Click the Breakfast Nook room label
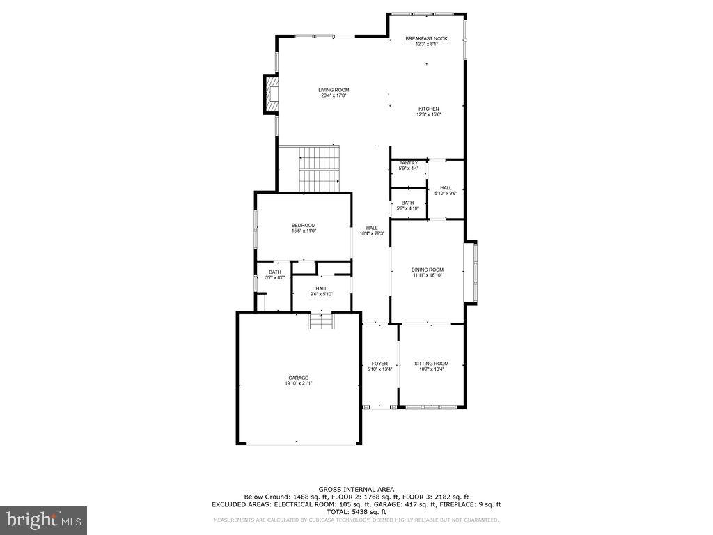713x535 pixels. [x=426, y=39]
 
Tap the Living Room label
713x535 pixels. [x=334, y=90]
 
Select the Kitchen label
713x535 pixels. [x=428, y=109]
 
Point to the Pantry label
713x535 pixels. [x=408, y=163]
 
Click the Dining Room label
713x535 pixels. [x=427, y=270]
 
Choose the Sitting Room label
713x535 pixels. [x=431, y=363]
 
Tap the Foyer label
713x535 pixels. [x=379, y=363]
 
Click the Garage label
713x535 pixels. [x=298, y=378]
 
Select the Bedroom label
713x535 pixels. [x=304, y=225]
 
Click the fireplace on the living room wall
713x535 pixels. [x=270, y=94]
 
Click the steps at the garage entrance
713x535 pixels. [x=321, y=323]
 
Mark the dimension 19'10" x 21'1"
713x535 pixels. [x=298, y=383]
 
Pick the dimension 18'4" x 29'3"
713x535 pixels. [x=372, y=234]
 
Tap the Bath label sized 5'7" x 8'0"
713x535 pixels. [x=275, y=272]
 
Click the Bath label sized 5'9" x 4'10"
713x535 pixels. [x=407, y=203]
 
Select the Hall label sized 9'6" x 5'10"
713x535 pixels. [x=321, y=288]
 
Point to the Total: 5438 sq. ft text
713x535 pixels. [x=356, y=511]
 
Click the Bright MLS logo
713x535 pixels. [x=43, y=520]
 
